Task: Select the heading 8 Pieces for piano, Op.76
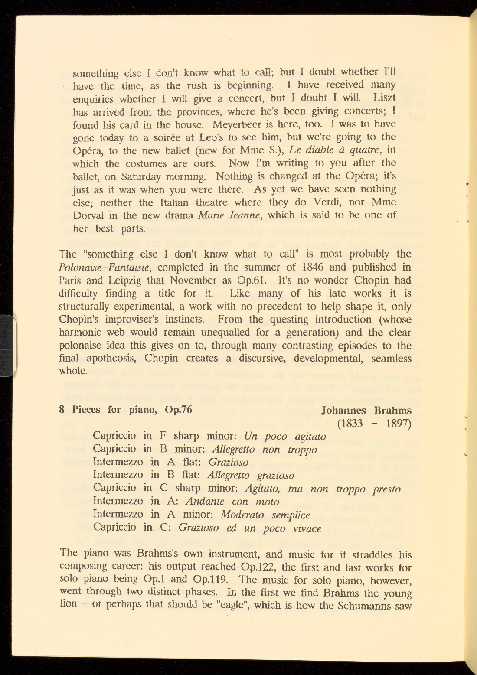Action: pyautogui.click(x=125, y=410)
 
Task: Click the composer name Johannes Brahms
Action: pyautogui.click(x=366, y=410)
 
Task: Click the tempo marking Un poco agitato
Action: pyautogui.click(x=285, y=436)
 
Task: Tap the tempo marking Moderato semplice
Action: pyautogui.click(x=265, y=515)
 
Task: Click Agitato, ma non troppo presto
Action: pyautogui.click(x=323, y=489)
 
